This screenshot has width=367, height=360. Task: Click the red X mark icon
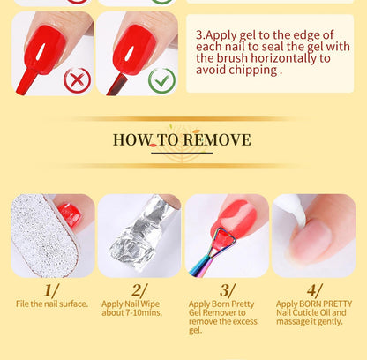pyautogui.click(x=77, y=80)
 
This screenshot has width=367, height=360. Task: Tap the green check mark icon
pyautogui.click(x=161, y=80)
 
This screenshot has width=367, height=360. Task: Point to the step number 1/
pyautogui.click(x=51, y=291)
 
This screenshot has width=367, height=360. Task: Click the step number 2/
pyautogui.click(x=139, y=291)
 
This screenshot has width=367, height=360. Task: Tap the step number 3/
pyautogui.click(x=227, y=291)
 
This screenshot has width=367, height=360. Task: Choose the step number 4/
pyautogui.click(x=315, y=291)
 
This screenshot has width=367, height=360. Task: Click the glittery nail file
pyautogui.click(x=44, y=236)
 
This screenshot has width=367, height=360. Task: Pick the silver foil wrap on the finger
pyautogui.click(x=139, y=232)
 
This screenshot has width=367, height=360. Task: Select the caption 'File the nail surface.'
pyautogui.click(x=52, y=304)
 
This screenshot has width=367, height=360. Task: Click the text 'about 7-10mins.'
pyautogui.click(x=131, y=312)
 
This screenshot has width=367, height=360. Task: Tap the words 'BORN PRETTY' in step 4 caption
pyautogui.click(x=326, y=304)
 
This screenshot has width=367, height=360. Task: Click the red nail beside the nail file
pyautogui.click(x=70, y=214)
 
